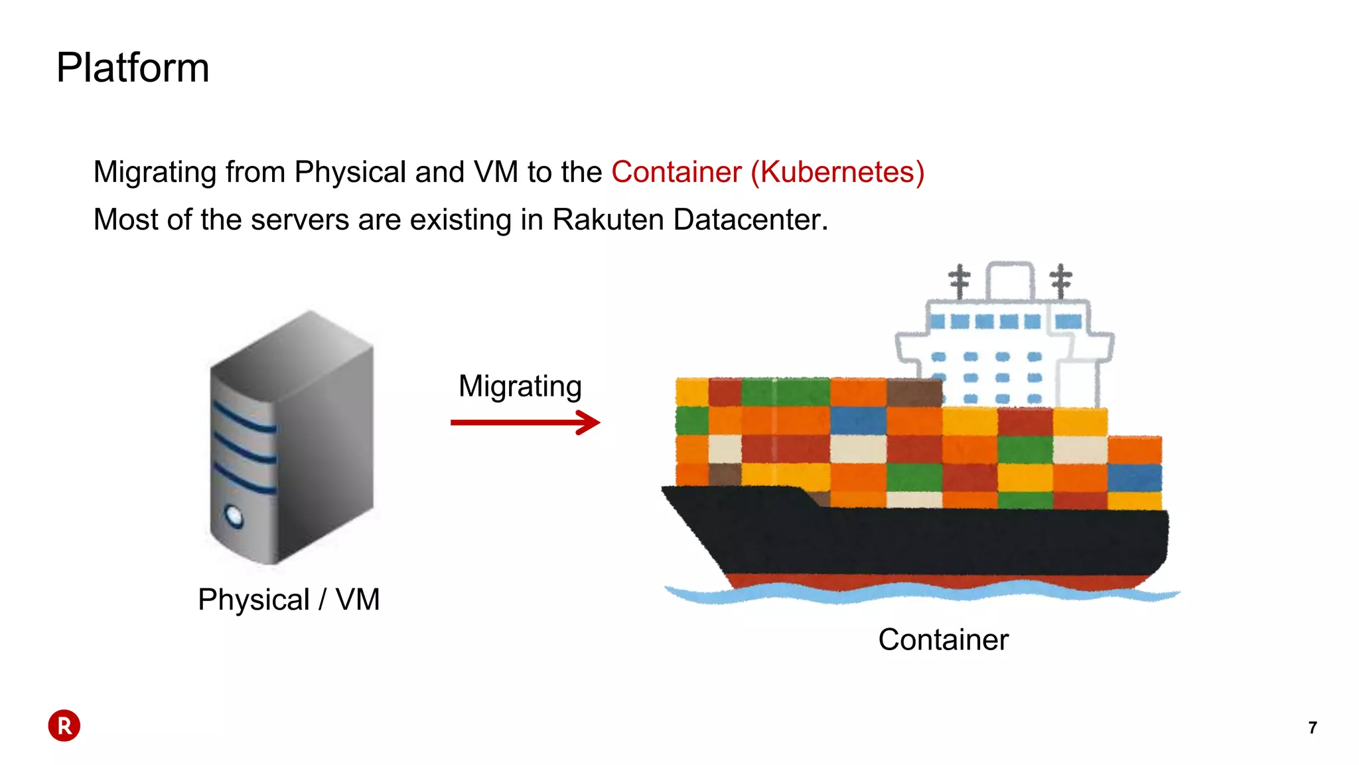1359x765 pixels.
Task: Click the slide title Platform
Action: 133,68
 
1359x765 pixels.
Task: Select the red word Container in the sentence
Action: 676,172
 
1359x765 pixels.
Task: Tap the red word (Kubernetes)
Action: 837,172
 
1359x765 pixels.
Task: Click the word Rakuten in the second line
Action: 607,220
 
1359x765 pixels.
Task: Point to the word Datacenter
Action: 750,220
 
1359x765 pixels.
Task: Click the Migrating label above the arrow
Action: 520,386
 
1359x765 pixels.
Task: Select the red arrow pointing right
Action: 524,422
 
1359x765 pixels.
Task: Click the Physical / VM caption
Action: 289,600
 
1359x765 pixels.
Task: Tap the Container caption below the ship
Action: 943,640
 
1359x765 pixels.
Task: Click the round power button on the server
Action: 234,516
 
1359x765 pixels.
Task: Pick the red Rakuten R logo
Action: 64,726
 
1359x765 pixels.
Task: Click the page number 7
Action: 1312,728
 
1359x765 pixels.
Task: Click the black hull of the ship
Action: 929,541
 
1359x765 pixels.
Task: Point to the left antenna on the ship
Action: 959,281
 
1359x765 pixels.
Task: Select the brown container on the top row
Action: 914,392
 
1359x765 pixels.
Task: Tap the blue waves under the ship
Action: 922,593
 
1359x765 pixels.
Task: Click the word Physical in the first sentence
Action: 350,172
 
